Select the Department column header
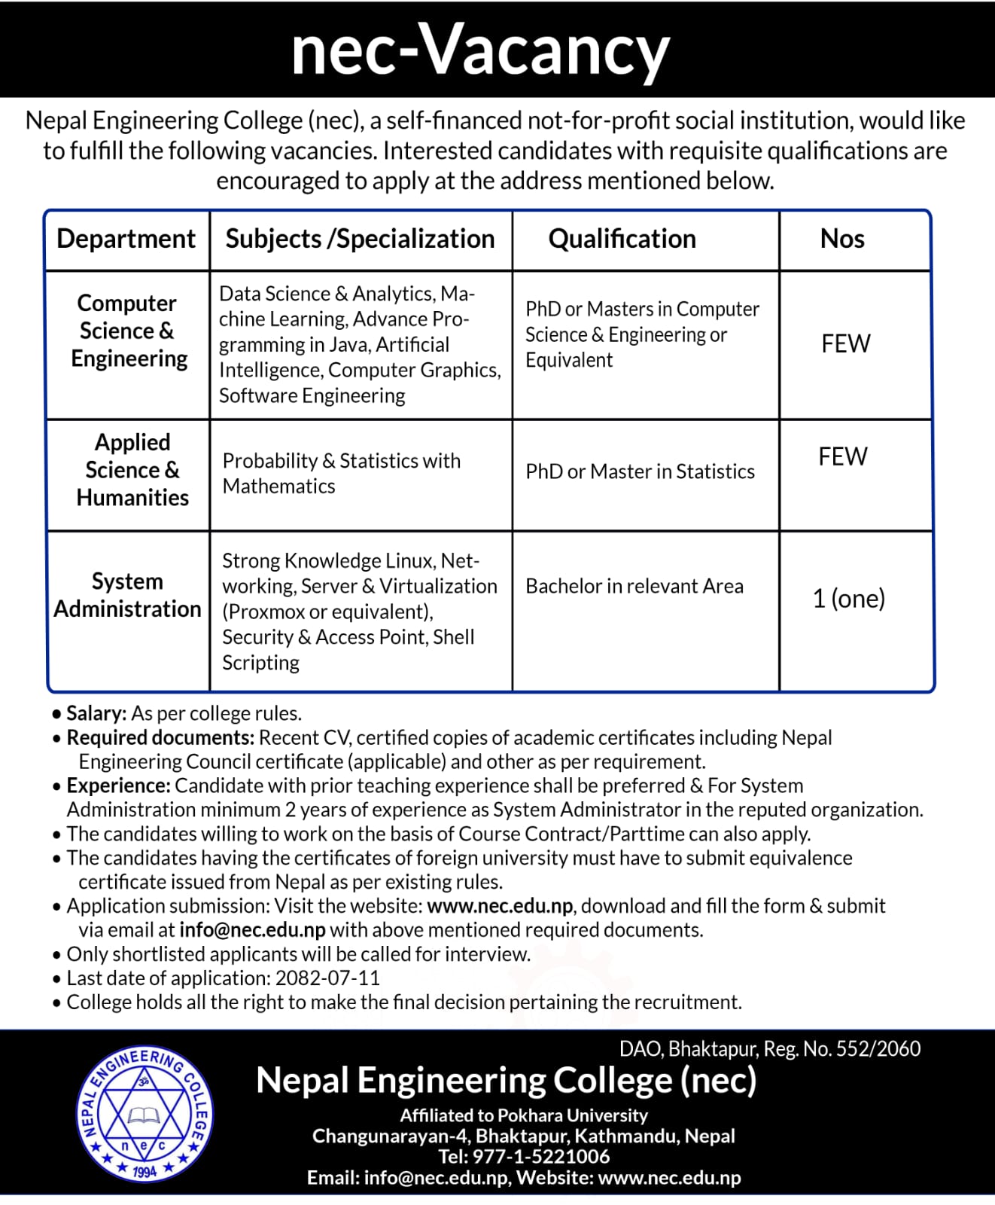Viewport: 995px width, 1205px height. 126,239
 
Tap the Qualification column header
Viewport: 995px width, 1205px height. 622,239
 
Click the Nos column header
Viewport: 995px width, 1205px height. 842,239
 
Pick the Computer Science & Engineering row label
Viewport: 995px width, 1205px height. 128,331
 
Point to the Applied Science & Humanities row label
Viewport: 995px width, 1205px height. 132,470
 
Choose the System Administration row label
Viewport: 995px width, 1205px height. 127,595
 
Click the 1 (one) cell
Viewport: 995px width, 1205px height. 849,599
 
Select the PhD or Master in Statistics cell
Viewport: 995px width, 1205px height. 640,471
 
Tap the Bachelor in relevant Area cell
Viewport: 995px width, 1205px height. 634,586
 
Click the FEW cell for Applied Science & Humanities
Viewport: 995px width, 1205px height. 843,456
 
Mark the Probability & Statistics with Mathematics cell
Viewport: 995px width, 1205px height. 341,473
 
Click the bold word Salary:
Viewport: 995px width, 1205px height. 96,713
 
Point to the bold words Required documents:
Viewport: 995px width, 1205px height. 160,737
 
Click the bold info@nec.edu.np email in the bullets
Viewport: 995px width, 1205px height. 252,930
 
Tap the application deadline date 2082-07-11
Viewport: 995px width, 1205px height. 327,978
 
